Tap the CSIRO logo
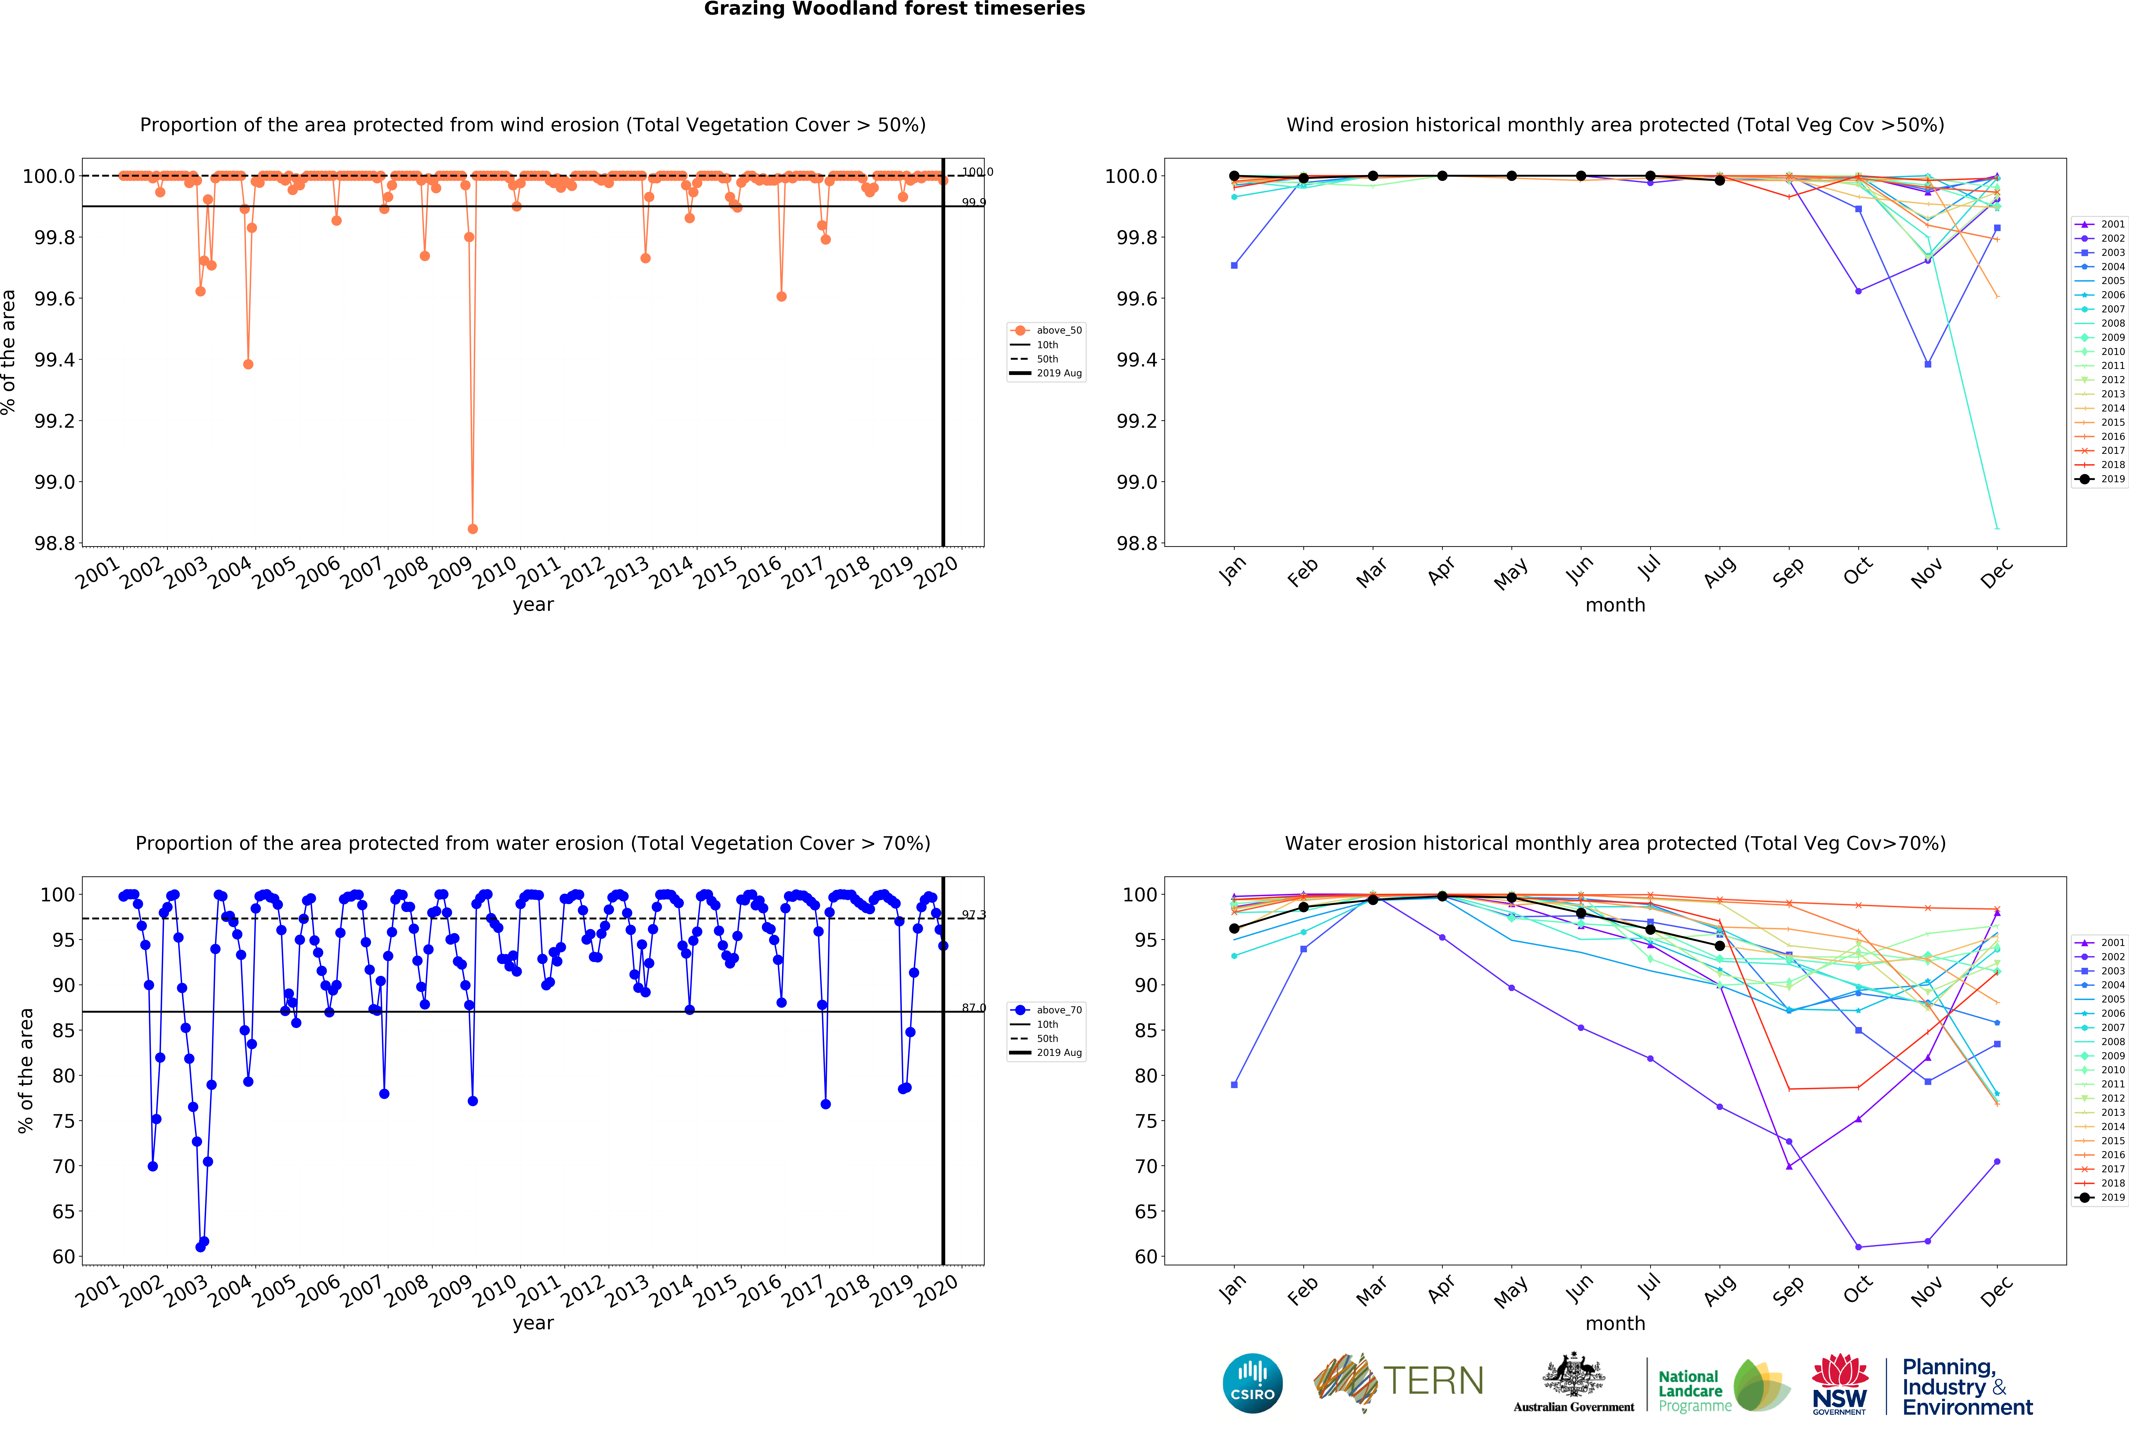[1252, 1383]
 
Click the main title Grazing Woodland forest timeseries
[894, 9]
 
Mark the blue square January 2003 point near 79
[1234, 1084]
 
